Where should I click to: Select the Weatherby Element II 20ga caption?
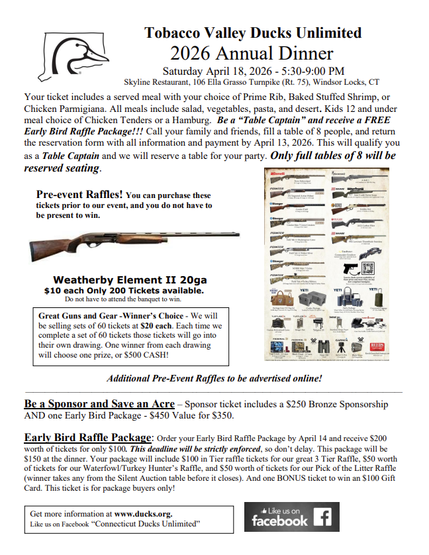(124, 280)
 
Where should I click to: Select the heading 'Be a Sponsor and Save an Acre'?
(99, 404)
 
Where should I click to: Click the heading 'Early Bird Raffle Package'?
(88, 438)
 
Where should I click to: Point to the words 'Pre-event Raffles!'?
(79, 195)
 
